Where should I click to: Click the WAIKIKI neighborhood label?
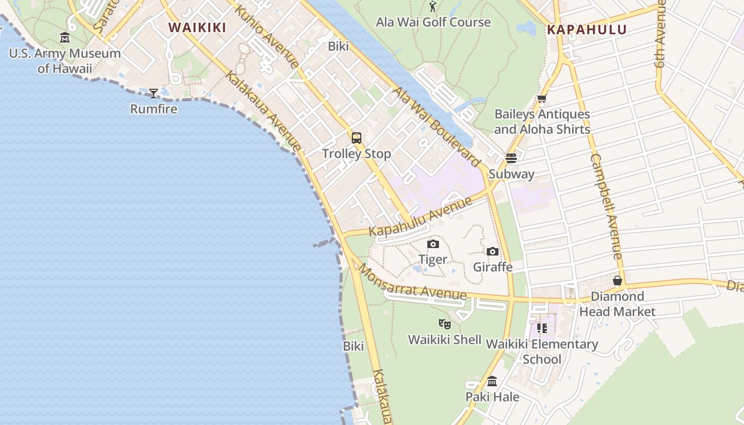197,28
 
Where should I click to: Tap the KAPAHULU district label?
587,30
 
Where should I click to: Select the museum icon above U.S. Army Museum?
65,38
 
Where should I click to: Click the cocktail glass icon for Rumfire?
154,93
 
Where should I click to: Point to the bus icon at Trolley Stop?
357,138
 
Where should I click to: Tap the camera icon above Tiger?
433,244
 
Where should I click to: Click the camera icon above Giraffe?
493,252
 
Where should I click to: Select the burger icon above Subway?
511,158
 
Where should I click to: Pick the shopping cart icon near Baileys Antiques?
542,99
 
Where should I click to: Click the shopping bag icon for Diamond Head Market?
618,280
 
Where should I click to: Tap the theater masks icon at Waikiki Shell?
445,324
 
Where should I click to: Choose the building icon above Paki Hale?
492,381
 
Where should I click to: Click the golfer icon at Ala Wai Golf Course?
433,7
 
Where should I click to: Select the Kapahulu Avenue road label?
420,217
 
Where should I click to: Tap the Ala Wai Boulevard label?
437,126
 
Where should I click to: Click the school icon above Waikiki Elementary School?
542,328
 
